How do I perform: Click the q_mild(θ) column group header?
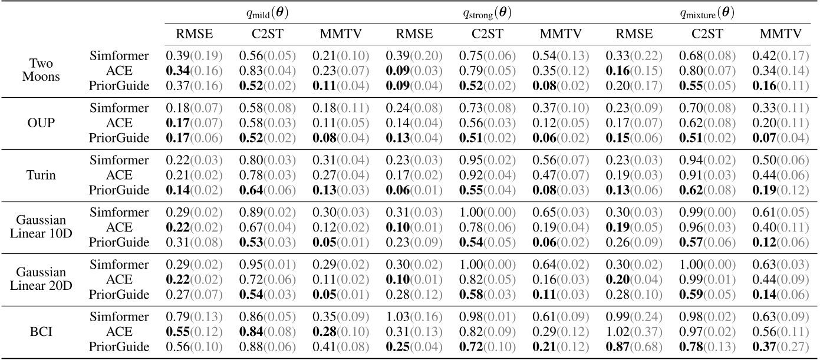click(x=268, y=12)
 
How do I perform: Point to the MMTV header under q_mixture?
click(x=781, y=34)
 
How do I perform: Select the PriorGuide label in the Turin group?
click(x=119, y=189)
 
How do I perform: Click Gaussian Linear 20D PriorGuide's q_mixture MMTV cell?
click(x=781, y=294)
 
